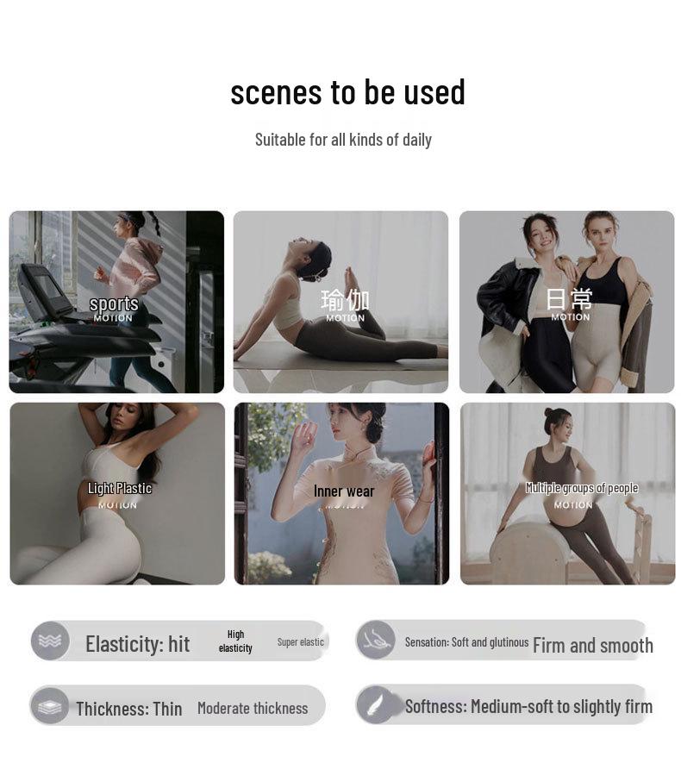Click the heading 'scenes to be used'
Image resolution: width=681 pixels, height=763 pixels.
coord(347,92)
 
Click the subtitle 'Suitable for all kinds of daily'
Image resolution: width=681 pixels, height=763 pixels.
coord(343,140)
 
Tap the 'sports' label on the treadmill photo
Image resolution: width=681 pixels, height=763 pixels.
coord(114,303)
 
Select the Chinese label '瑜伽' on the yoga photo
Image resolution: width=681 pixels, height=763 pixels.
coord(345,299)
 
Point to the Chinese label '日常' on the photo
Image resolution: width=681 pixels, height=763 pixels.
coord(570,299)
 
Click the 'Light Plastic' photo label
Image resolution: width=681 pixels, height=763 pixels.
coord(119,488)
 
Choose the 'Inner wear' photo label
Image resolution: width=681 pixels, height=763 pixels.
coord(344,491)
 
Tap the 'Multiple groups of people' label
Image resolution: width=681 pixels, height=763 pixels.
coord(581,488)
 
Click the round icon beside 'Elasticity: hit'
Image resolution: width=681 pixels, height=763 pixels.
coord(50,641)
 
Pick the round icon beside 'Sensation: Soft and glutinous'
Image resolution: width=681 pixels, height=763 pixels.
coord(376,640)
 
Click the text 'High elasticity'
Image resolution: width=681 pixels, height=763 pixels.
coord(235,641)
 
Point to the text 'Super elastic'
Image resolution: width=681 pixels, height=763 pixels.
coord(300,642)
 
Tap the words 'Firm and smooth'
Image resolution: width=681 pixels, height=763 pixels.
coord(592,645)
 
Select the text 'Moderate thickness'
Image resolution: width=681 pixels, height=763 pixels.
coord(252,708)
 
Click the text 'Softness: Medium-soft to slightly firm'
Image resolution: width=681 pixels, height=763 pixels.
coord(528,706)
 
